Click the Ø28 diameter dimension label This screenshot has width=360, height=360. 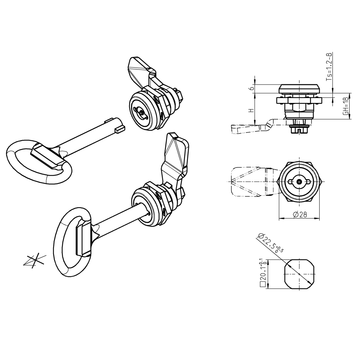pos(300,215)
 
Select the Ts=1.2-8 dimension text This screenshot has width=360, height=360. pos(329,67)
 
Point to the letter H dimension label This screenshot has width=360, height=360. pos(252,110)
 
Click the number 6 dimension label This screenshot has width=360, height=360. pos(252,88)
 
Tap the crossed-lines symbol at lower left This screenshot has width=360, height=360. pos(35,261)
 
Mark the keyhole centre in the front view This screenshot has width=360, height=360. pos(299,181)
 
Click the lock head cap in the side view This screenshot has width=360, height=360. pos(300,89)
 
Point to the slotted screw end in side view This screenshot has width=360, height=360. pos(300,130)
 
